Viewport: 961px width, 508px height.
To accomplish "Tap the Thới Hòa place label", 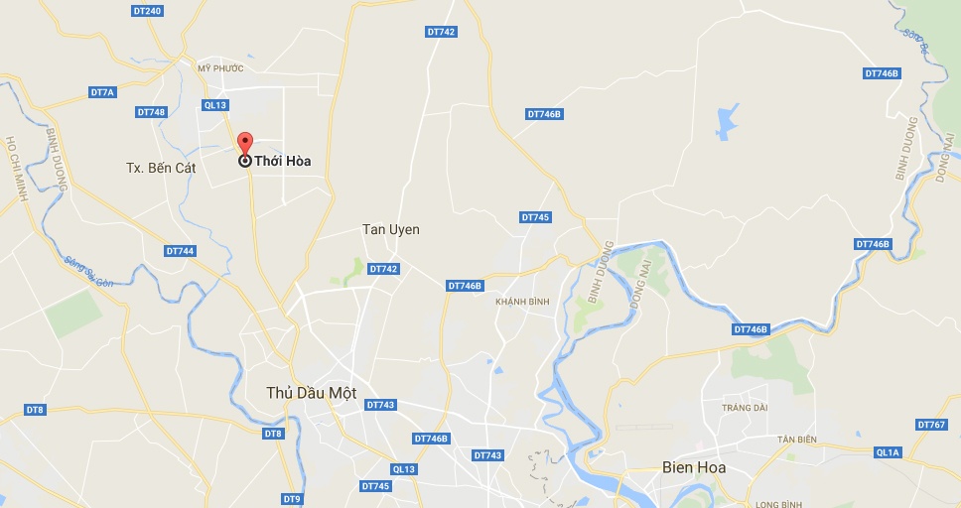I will [x=283, y=161].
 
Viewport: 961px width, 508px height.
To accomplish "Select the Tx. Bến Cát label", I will [x=161, y=168].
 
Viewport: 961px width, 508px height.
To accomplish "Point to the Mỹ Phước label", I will [x=219, y=68].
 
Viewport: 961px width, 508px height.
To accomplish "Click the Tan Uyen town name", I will [x=390, y=229].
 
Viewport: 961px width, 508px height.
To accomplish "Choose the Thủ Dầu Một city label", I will [x=311, y=392].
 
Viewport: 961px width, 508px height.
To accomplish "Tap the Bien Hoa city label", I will [x=693, y=466].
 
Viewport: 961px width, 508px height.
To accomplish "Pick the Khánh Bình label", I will [x=522, y=302].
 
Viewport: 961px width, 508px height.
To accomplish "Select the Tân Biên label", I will [x=796, y=439].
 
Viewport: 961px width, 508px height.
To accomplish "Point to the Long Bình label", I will [x=777, y=504].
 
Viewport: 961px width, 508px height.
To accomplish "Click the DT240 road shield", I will [x=146, y=11].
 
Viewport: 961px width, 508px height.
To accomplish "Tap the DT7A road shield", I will [x=102, y=92].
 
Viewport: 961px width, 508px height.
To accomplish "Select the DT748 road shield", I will [x=151, y=112].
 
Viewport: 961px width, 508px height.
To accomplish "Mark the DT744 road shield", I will [x=180, y=251].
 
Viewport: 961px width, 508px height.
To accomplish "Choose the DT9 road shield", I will [x=291, y=498].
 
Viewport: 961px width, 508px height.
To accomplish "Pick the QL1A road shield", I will [x=887, y=452].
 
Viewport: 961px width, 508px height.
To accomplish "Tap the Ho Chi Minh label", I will [x=15, y=170].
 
